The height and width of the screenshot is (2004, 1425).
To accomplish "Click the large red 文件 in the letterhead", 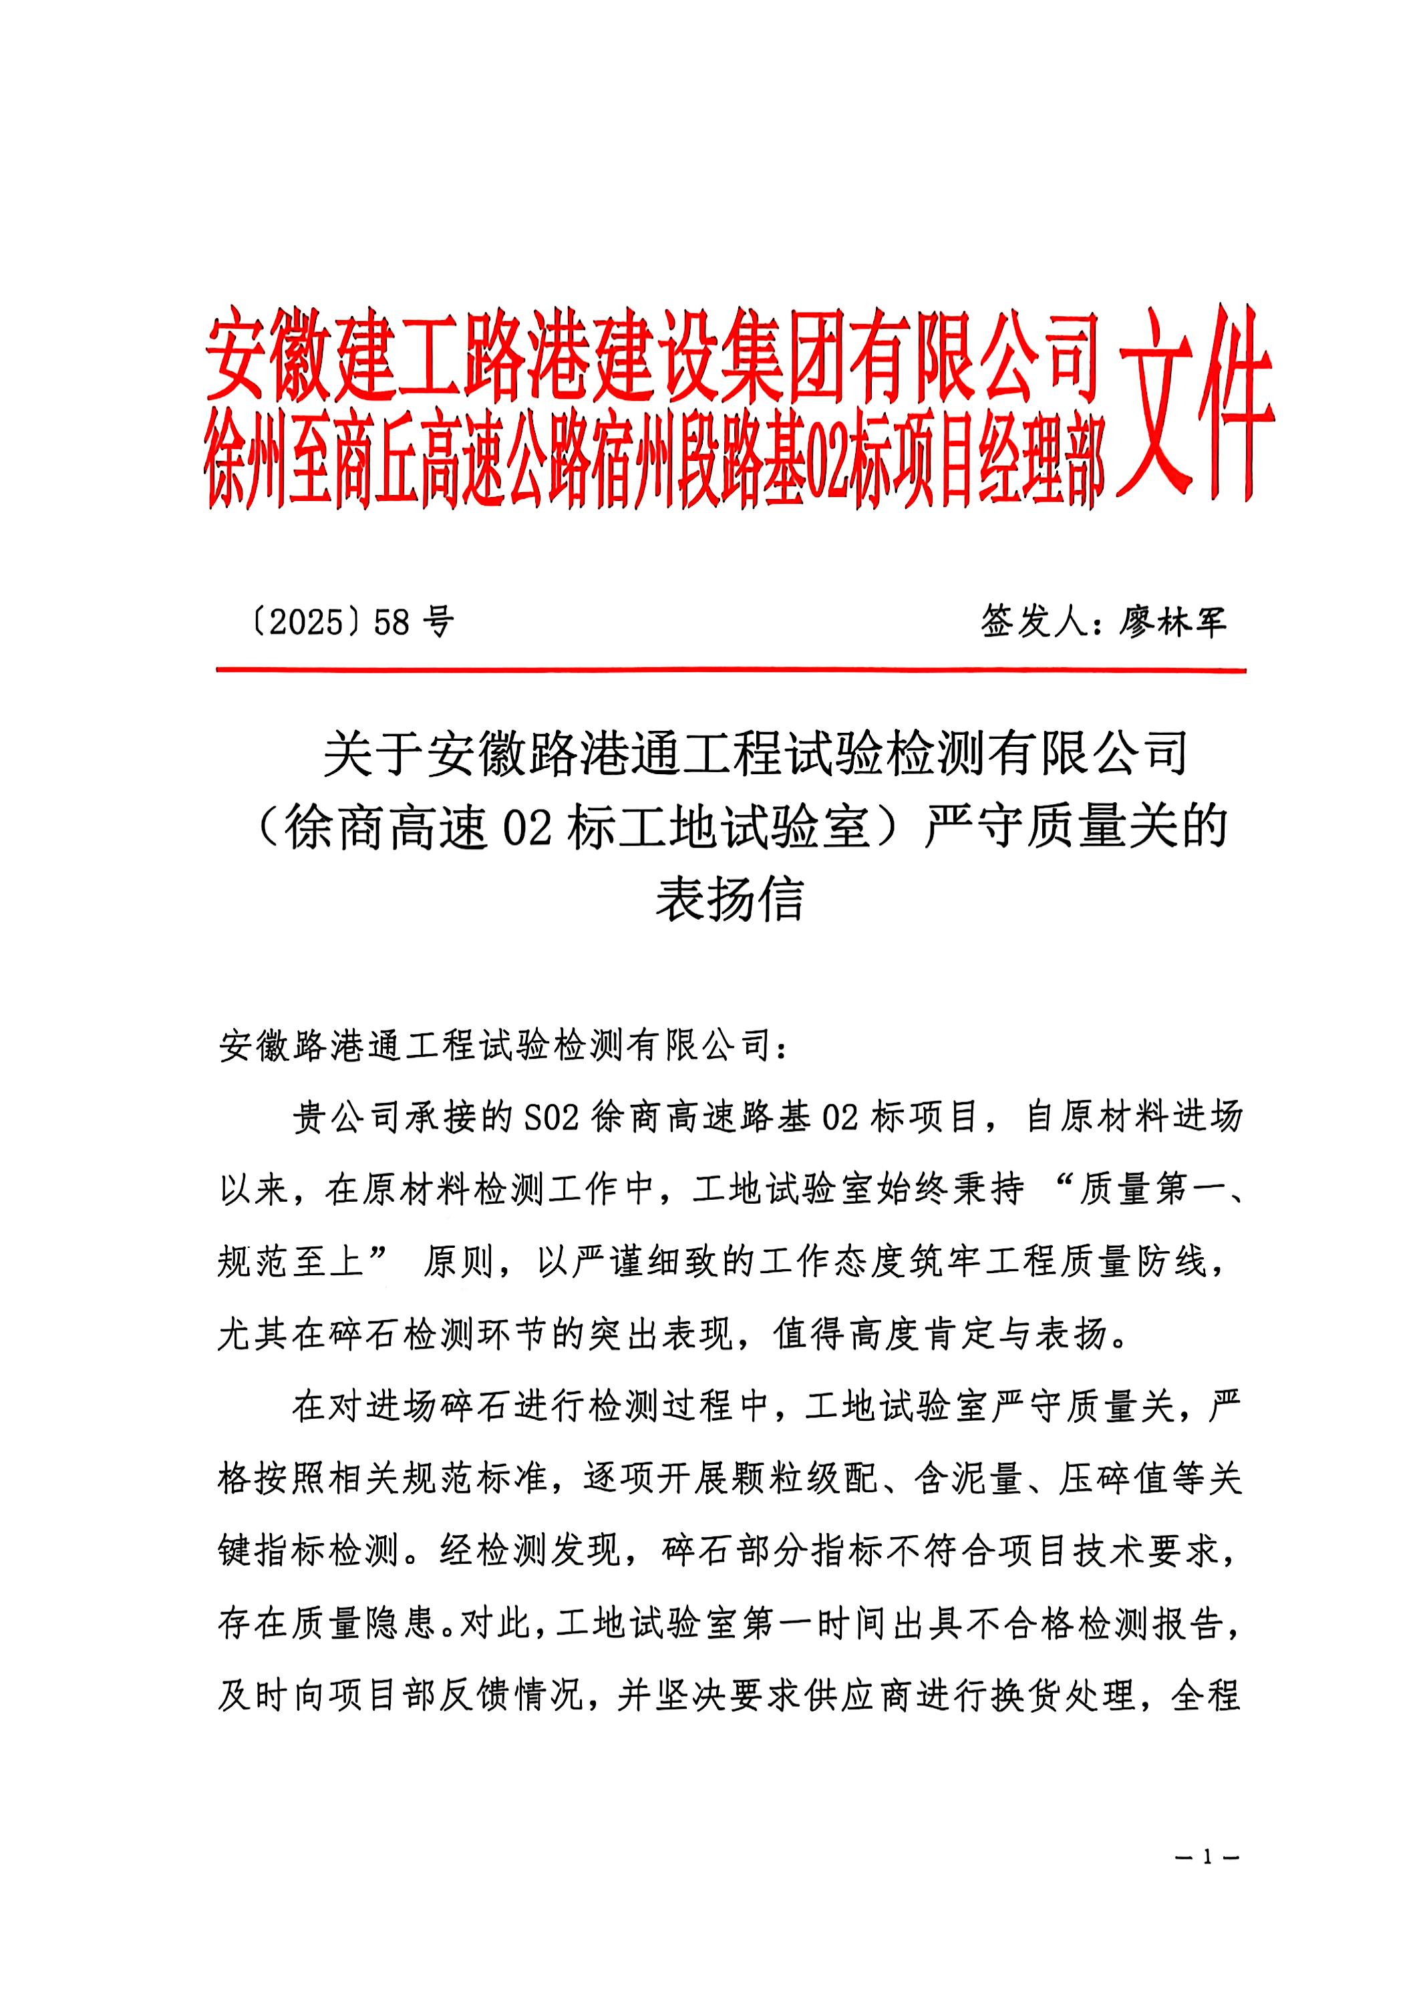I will tap(1195, 403).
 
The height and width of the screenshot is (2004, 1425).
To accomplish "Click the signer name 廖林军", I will tap(1171, 622).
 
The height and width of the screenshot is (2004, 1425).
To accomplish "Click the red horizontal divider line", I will tap(730, 671).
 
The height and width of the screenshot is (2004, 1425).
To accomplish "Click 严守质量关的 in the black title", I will tap(1075, 826).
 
